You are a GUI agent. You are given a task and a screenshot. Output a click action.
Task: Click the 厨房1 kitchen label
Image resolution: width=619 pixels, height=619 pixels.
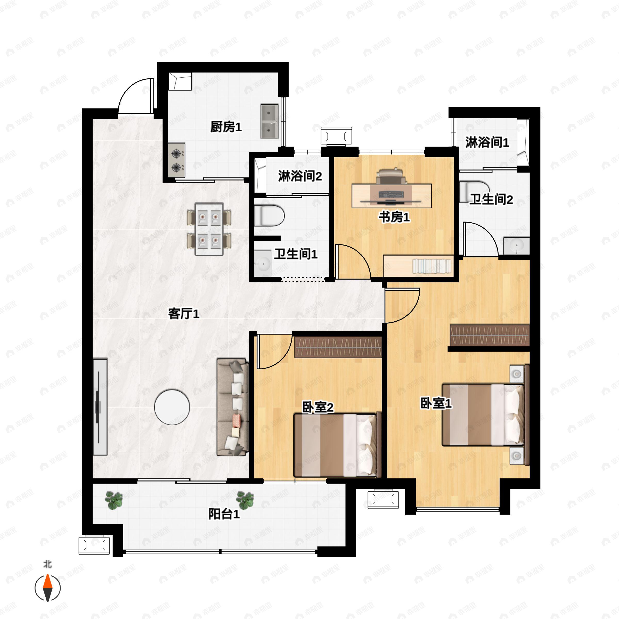226,127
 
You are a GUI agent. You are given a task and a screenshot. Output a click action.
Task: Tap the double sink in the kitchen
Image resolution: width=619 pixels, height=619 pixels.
269,121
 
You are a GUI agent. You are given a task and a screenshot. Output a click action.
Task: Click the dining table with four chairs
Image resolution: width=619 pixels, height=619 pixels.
209,229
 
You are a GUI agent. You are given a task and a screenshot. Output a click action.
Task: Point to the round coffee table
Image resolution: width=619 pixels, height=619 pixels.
172,407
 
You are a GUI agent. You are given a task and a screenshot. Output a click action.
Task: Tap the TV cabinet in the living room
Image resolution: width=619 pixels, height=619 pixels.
100,407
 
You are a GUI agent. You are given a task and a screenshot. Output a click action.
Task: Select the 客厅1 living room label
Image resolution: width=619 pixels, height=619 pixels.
184,314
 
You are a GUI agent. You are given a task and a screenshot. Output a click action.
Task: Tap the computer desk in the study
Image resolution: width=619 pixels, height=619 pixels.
392,196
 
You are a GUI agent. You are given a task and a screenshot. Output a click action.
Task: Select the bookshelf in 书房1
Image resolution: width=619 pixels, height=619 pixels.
418,266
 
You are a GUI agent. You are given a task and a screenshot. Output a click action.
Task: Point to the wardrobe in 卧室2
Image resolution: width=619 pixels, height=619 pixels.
338,347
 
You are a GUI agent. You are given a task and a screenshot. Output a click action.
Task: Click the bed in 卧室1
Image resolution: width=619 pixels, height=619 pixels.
483,415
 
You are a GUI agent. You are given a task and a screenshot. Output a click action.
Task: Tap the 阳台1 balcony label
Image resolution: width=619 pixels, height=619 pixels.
224,514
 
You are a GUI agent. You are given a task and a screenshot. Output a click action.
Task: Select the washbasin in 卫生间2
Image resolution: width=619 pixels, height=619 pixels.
516,246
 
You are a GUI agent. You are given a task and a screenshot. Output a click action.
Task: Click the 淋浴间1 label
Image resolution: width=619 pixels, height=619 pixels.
487,142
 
